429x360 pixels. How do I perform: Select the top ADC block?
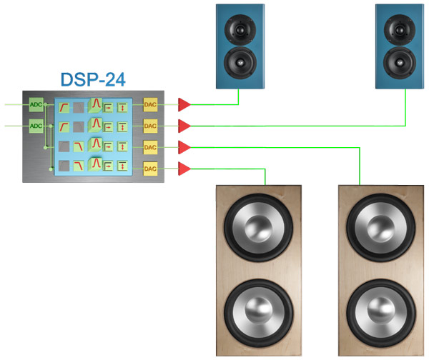pos(36,106)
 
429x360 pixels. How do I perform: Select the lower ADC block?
pos(36,126)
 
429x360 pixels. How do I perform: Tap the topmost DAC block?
pos(150,105)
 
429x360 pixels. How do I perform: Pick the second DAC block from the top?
pos(150,126)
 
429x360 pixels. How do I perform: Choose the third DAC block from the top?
pos(150,147)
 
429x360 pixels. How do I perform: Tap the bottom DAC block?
pos(150,169)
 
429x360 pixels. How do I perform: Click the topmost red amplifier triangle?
pos(184,105)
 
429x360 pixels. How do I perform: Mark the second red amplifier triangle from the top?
pos(184,126)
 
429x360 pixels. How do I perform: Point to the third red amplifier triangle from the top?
pos(184,147)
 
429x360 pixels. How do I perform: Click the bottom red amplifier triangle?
pos(184,169)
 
